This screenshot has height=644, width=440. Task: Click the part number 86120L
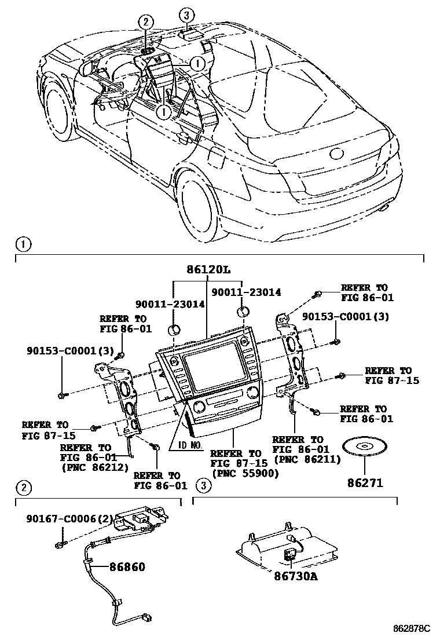208,270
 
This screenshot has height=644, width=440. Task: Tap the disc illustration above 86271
365,447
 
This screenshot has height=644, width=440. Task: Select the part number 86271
365,482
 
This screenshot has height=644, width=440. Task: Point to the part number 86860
124,567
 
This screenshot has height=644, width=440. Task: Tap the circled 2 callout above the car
145,22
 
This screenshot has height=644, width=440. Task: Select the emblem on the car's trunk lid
336,154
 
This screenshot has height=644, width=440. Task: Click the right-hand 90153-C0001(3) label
346,317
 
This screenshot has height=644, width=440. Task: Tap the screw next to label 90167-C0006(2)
60,545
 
